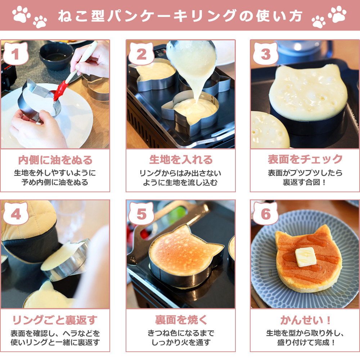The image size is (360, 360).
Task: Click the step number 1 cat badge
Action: coord(15,54)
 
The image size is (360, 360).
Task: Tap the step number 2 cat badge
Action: coord(141,54)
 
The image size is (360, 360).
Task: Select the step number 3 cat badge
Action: coord(265,54)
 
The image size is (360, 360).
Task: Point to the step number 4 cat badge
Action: coord(15,213)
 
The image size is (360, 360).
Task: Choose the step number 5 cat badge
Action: coord(141,213)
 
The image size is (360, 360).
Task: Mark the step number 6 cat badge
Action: coord(265,213)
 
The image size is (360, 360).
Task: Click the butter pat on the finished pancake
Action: coord(306,257)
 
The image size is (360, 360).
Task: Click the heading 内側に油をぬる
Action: coord(55,160)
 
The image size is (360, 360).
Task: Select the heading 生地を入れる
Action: coord(181,159)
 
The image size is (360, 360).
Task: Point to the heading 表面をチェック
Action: coord(305,159)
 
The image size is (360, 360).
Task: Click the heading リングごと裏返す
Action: coord(55,320)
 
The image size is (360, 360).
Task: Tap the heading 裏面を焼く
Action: coord(181,320)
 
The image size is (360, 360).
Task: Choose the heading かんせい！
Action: coord(306,320)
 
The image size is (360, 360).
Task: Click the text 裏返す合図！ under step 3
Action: coord(305,182)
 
